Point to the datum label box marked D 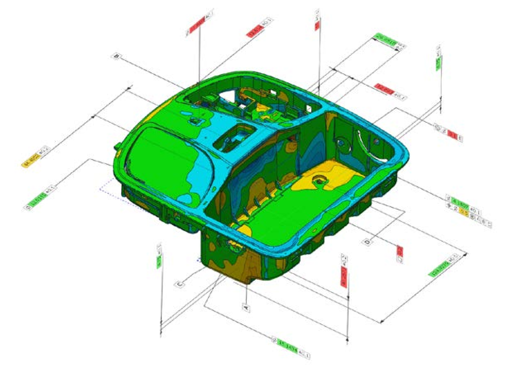(367, 241)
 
